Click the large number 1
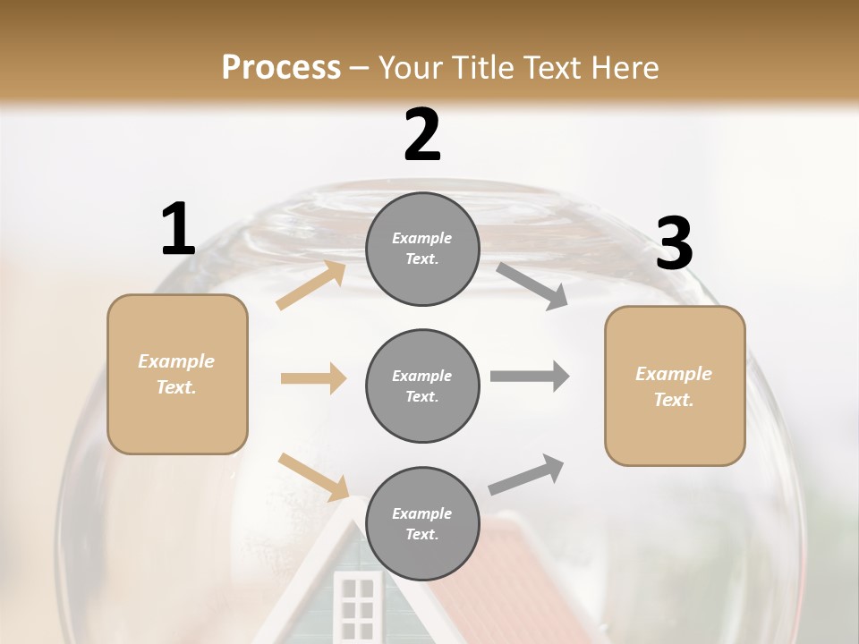(178, 230)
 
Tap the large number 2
(422, 135)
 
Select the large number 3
(674, 243)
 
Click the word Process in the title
(281, 67)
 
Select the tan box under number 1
(177, 374)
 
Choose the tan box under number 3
(675, 386)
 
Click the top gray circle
(422, 249)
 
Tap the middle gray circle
(422, 386)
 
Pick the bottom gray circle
(422, 524)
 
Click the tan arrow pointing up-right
(311, 285)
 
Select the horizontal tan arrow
(313, 378)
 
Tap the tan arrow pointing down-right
(313, 476)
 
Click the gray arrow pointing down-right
(532, 286)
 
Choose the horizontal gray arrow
(530, 377)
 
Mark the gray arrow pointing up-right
(526, 475)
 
